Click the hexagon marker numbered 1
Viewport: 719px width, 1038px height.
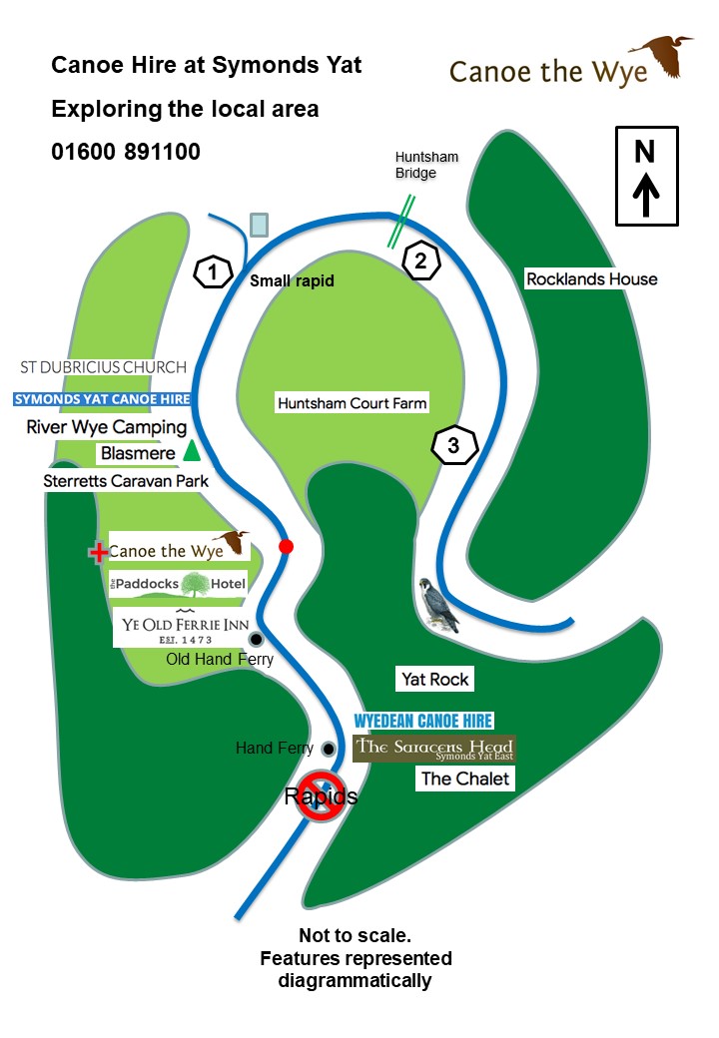coord(213,271)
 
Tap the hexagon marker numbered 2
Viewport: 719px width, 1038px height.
coord(421,261)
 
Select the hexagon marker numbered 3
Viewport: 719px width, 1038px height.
coord(453,446)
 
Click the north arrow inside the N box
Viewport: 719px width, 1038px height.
coord(645,193)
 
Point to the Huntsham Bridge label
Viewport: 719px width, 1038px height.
coord(415,165)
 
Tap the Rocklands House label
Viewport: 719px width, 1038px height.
coord(591,279)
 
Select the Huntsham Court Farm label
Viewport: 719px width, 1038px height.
coord(352,403)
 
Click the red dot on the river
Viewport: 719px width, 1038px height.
coord(287,547)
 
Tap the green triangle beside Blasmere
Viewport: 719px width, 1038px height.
coord(192,452)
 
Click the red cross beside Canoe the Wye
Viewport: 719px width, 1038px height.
coord(99,552)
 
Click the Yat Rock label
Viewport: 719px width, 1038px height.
coord(435,680)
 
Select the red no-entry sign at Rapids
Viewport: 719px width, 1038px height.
coord(321,796)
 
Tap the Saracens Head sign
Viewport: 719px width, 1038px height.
coord(434,749)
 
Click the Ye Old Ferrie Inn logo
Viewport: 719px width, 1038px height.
coord(181,628)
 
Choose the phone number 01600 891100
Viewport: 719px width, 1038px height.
coord(126,152)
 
